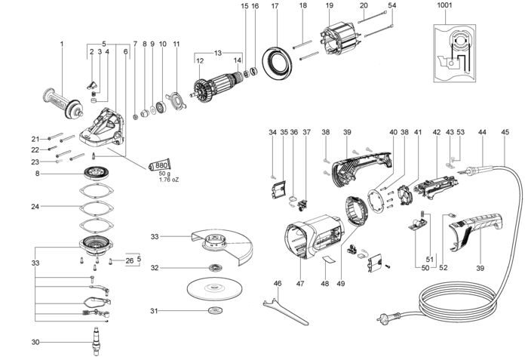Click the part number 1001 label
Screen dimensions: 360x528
coord(444,7)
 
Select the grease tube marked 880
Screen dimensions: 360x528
coord(161,165)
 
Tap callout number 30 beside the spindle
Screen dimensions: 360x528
coord(35,342)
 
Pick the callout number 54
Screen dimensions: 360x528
coord(391,7)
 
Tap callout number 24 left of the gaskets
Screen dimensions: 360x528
coord(35,205)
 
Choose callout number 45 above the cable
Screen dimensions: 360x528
coord(504,132)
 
